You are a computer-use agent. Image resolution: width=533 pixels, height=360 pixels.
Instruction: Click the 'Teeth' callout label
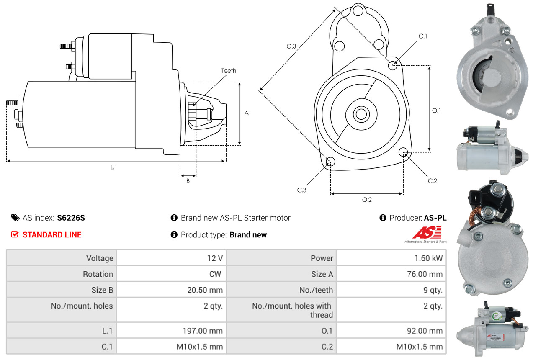click(229, 71)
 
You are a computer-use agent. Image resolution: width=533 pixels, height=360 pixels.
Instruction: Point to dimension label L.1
click(113, 167)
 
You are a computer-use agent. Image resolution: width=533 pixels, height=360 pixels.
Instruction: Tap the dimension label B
click(188, 181)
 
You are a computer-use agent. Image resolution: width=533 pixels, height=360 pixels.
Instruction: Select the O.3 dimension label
click(291, 46)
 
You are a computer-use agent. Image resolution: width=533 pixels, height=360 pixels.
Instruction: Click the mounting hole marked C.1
click(393, 65)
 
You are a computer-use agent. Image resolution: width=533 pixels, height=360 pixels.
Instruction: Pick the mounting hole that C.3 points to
click(330, 162)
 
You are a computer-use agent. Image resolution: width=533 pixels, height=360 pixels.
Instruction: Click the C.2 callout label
click(433, 181)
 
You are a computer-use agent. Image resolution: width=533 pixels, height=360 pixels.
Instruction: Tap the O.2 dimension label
click(367, 200)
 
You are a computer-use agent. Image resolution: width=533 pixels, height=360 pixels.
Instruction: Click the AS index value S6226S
click(71, 218)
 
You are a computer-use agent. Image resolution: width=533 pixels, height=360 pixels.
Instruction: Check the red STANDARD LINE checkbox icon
click(15, 234)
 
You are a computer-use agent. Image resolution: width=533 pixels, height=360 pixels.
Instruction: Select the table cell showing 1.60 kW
click(428, 258)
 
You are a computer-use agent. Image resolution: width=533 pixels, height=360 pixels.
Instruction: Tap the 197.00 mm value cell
click(202, 331)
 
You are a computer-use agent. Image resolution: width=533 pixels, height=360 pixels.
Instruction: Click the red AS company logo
click(427, 232)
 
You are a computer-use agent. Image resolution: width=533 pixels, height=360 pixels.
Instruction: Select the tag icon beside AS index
click(15, 218)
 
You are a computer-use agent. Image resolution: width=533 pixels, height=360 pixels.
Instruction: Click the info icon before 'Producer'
click(382, 218)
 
